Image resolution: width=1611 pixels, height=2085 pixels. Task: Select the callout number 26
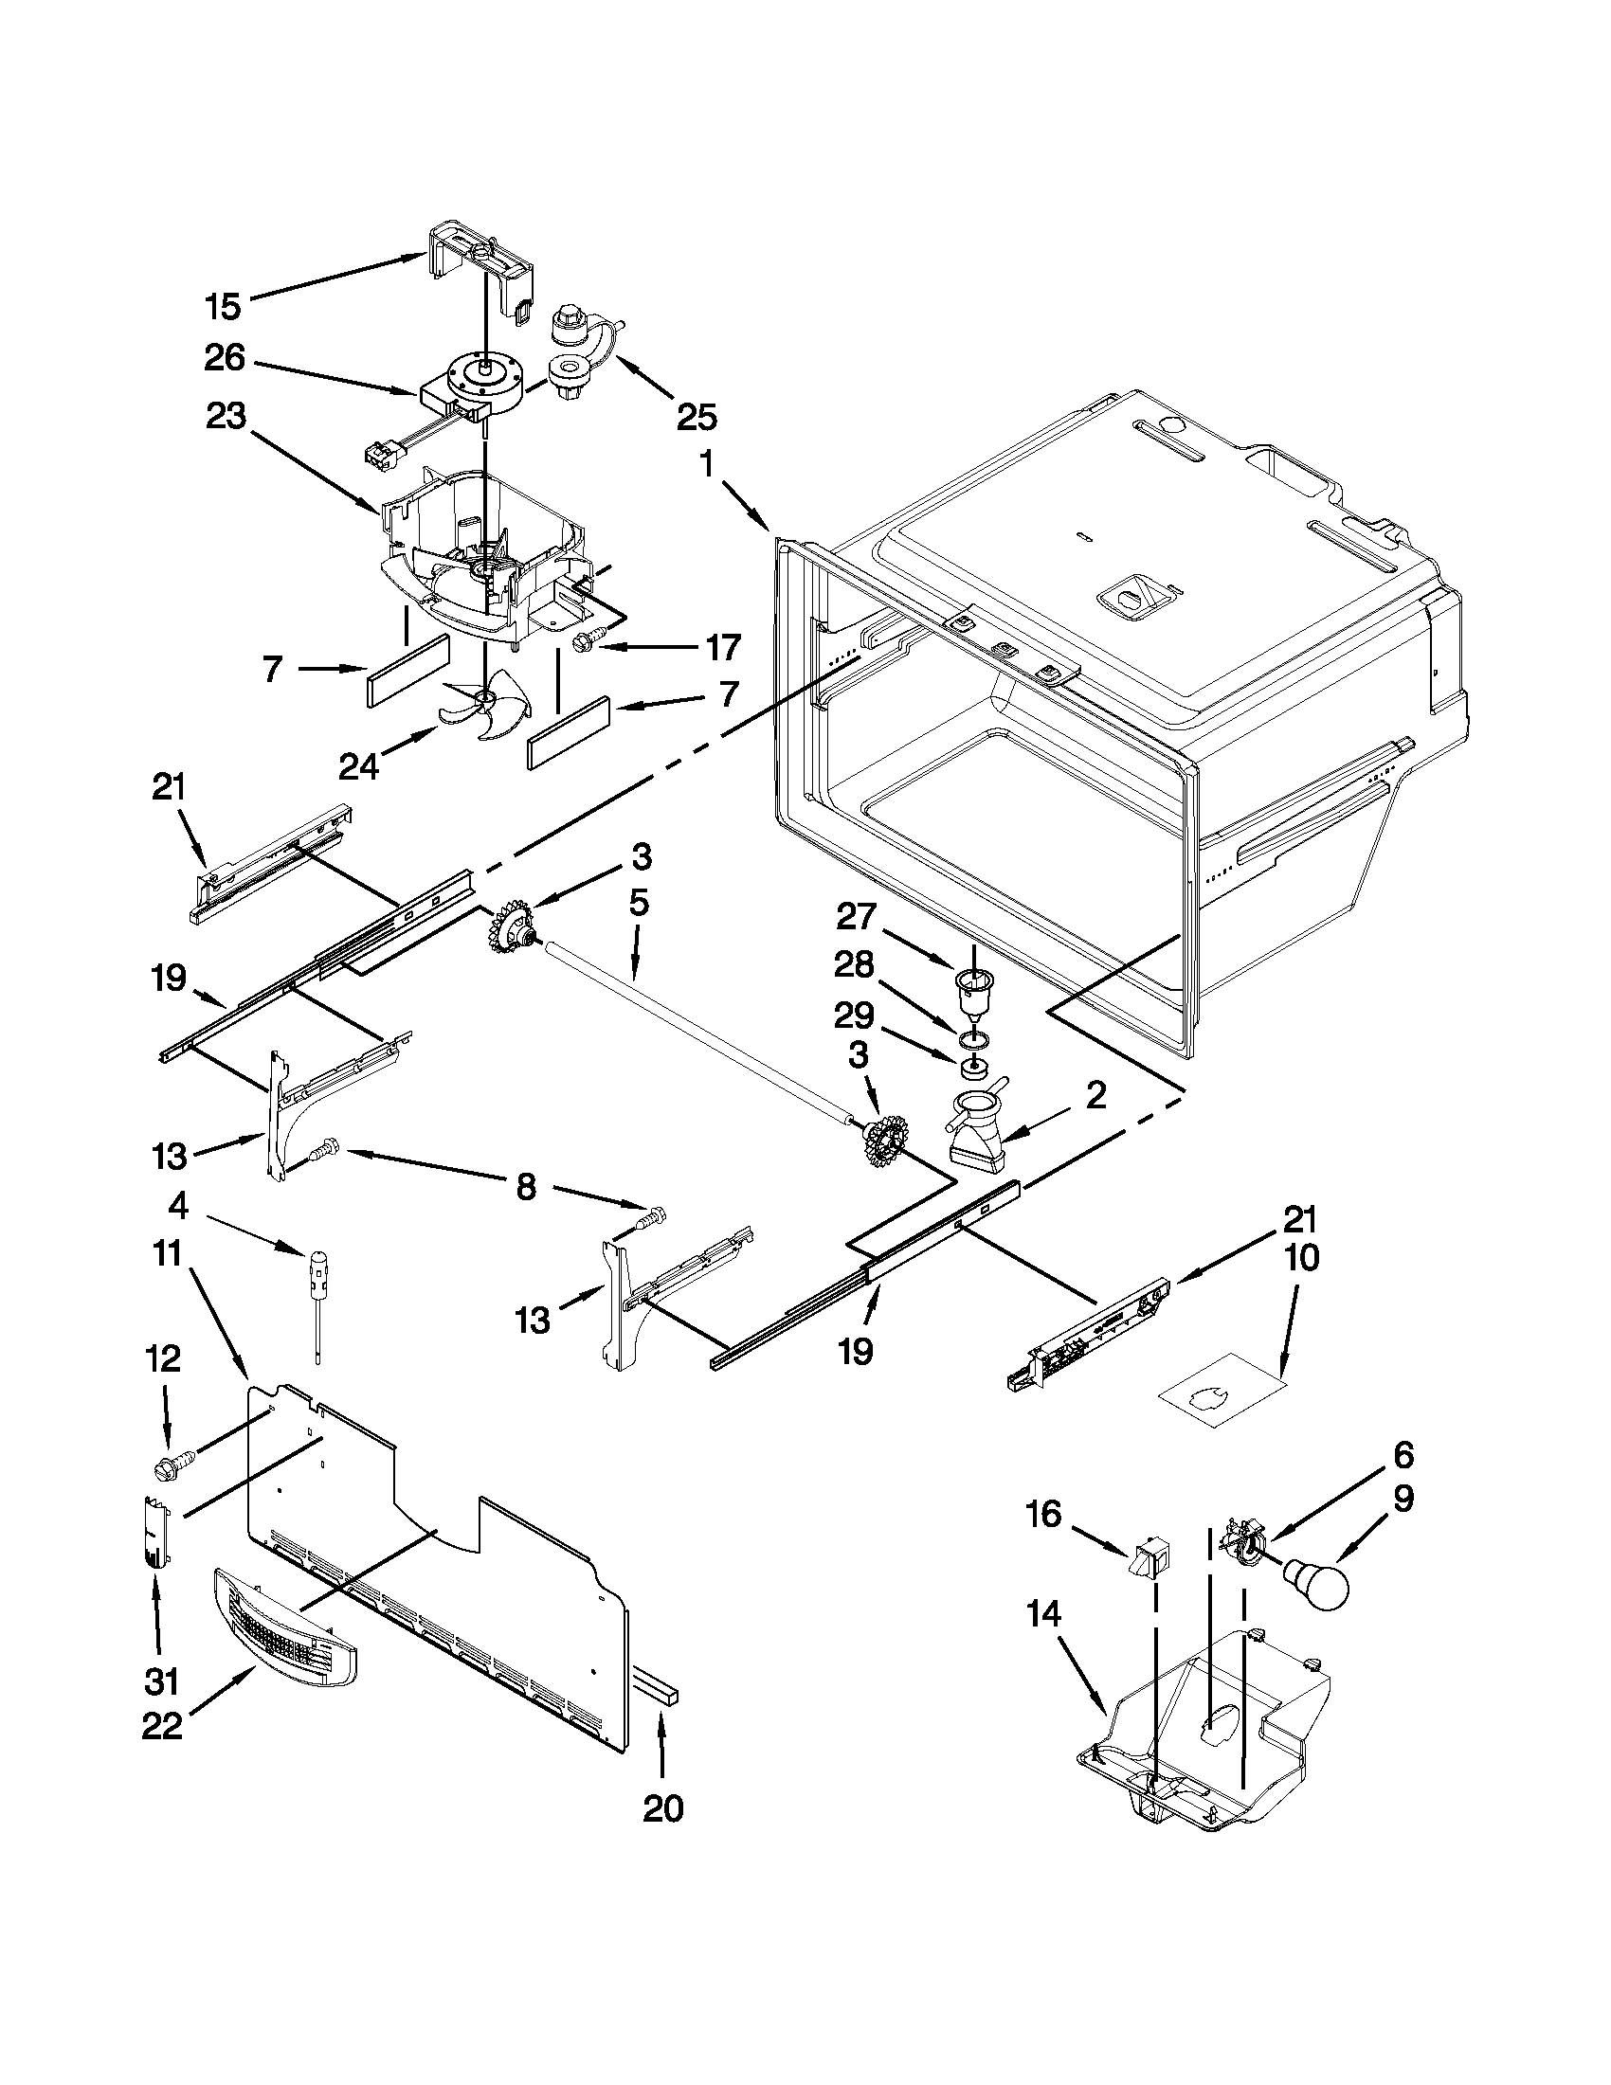[x=225, y=359]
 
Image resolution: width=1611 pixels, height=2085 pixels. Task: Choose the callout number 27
[x=855, y=917]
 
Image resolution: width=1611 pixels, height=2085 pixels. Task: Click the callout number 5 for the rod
[x=638, y=902]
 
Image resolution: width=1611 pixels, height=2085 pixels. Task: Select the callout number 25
[x=697, y=416]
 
